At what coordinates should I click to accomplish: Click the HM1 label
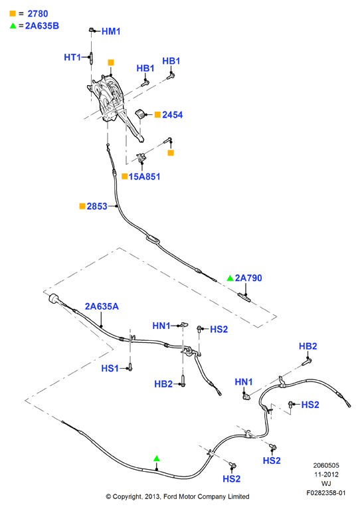point(111,31)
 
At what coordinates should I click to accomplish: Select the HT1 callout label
point(72,57)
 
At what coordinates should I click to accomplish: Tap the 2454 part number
point(172,115)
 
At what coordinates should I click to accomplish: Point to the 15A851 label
point(144,177)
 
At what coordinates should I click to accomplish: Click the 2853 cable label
point(97,206)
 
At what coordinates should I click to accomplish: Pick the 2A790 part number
point(248,278)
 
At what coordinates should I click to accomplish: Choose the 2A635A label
point(102,306)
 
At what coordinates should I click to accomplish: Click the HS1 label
point(110,369)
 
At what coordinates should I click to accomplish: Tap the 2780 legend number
point(38,14)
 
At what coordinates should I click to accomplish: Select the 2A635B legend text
point(42,26)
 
